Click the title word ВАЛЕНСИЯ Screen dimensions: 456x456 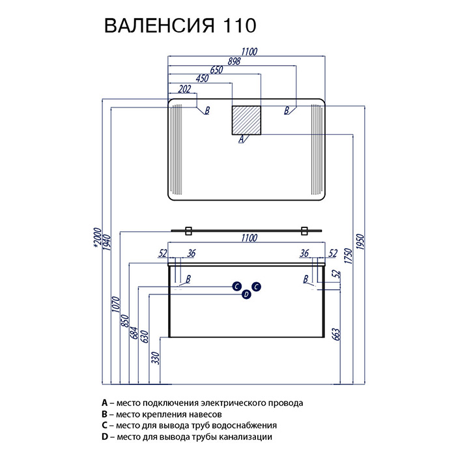point(160,25)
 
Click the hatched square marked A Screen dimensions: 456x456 point(246,120)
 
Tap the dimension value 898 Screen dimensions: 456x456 point(234,61)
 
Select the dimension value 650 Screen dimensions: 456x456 point(216,70)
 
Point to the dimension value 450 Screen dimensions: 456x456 point(202,79)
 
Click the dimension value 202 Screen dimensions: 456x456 point(184,89)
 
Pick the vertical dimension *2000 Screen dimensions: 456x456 point(98,238)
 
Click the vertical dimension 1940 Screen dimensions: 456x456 point(107,242)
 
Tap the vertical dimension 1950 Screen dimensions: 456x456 point(360,242)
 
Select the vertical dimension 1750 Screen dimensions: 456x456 point(348,256)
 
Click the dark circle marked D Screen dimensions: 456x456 point(246,294)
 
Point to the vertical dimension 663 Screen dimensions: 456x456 point(336,334)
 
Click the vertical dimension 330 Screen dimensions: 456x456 point(156,358)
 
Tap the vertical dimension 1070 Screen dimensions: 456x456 point(116,304)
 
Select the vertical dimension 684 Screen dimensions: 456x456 point(134,333)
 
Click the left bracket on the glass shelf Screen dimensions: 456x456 point(188,231)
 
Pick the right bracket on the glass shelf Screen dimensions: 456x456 point(304,231)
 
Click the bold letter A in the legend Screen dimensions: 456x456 point(105,403)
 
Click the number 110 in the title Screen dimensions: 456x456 point(239,25)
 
